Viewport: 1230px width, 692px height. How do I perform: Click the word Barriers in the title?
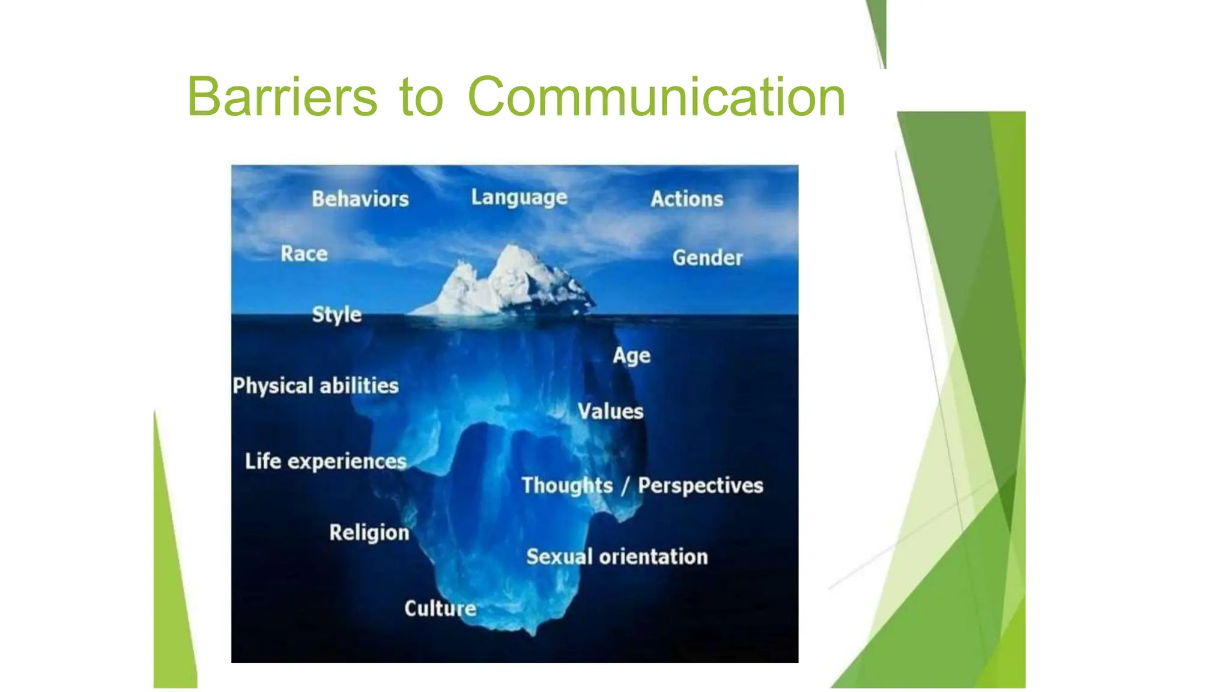tap(282, 97)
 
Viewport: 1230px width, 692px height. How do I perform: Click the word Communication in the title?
tap(656, 97)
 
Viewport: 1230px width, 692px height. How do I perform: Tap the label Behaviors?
tap(360, 199)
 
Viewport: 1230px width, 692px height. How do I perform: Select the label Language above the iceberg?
tap(519, 198)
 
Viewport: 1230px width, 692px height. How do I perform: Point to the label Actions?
tap(686, 199)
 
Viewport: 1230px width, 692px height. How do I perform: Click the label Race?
tap(304, 253)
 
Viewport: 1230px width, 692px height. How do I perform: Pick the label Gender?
tap(707, 258)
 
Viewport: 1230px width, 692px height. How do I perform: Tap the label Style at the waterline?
tap(336, 314)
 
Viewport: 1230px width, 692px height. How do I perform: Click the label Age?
tap(631, 356)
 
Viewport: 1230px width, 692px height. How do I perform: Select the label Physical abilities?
tap(315, 386)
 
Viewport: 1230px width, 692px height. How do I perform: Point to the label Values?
tap(610, 411)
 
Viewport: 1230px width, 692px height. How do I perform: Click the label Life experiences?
tap(326, 461)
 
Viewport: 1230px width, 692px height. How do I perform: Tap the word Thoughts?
tap(567, 485)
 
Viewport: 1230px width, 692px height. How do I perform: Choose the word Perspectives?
tap(700, 485)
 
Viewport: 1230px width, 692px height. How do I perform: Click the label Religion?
tap(369, 533)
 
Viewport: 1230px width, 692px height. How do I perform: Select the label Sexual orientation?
tap(617, 557)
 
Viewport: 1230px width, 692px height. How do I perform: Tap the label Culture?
tap(440, 609)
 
